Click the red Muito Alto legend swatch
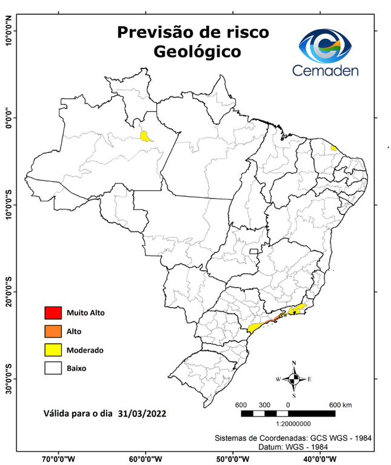[53, 313]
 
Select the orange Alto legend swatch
[53, 331]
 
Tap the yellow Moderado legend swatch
[53, 349]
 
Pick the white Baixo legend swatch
[53, 368]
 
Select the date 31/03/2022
[142, 414]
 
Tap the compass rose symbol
[294, 379]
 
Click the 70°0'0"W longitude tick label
[59, 459]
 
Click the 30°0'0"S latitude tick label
[9, 378]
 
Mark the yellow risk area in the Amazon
[145, 136]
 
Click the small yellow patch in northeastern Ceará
[333, 148]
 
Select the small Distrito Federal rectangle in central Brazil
[254, 250]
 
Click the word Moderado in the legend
[84, 350]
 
